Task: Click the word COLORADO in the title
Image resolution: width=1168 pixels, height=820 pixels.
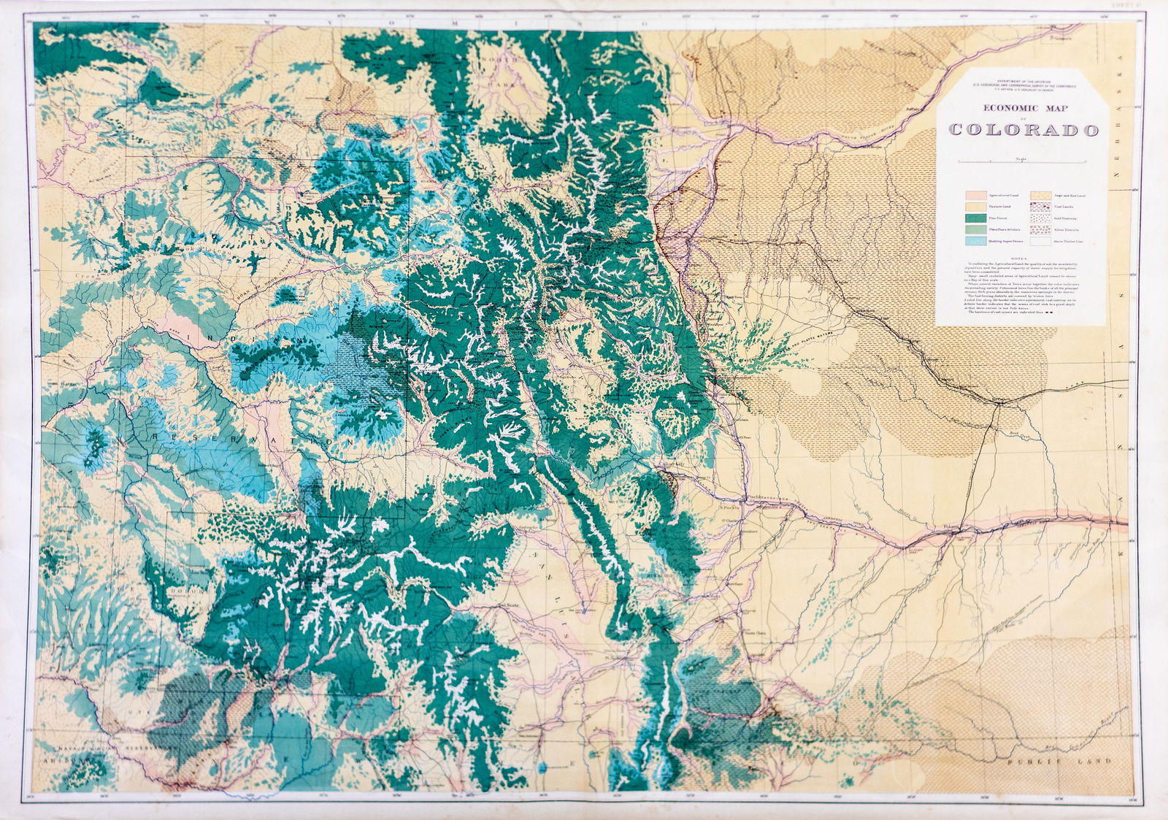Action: (x=1023, y=131)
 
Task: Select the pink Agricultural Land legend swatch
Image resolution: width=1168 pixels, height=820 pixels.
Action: (x=976, y=196)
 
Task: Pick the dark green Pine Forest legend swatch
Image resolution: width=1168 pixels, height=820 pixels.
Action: (x=976, y=218)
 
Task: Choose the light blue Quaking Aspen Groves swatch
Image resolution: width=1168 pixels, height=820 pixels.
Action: (x=976, y=240)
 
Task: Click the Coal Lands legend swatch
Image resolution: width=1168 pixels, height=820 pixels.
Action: (x=1040, y=207)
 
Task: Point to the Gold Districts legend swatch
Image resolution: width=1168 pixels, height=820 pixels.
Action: (x=1040, y=218)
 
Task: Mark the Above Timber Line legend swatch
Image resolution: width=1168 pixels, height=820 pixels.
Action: (x=1040, y=240)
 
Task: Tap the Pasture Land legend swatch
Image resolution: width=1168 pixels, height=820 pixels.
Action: (x=976, y=207)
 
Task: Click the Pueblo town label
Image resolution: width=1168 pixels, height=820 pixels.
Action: (x=754, y=497)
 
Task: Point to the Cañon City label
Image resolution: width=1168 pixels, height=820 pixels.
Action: (x=670, y=465)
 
